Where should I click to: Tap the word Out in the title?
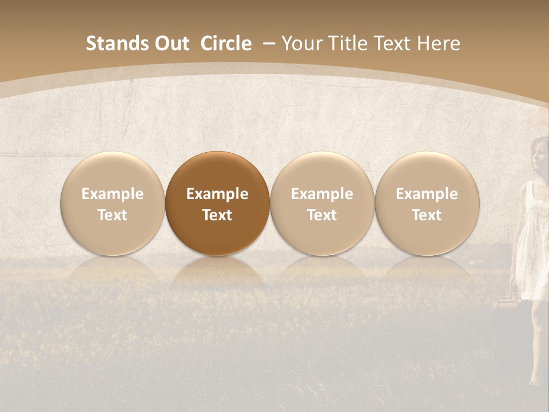point(170,43)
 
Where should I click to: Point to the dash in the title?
point(269,43)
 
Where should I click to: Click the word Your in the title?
point(301,43)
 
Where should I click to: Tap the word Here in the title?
point(439,43)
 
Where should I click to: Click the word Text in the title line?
point(395,43)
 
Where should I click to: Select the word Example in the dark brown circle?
point(217,194)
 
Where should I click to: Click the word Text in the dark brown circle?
point(217,215)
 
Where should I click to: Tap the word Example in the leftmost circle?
point(113,194)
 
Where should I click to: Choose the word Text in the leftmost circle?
point(113,215)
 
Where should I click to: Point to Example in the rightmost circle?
point(427,194)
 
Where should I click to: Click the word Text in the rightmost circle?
point(427,215)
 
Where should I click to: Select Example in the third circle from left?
point(322,194)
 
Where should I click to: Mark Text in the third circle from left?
point(322,215)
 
